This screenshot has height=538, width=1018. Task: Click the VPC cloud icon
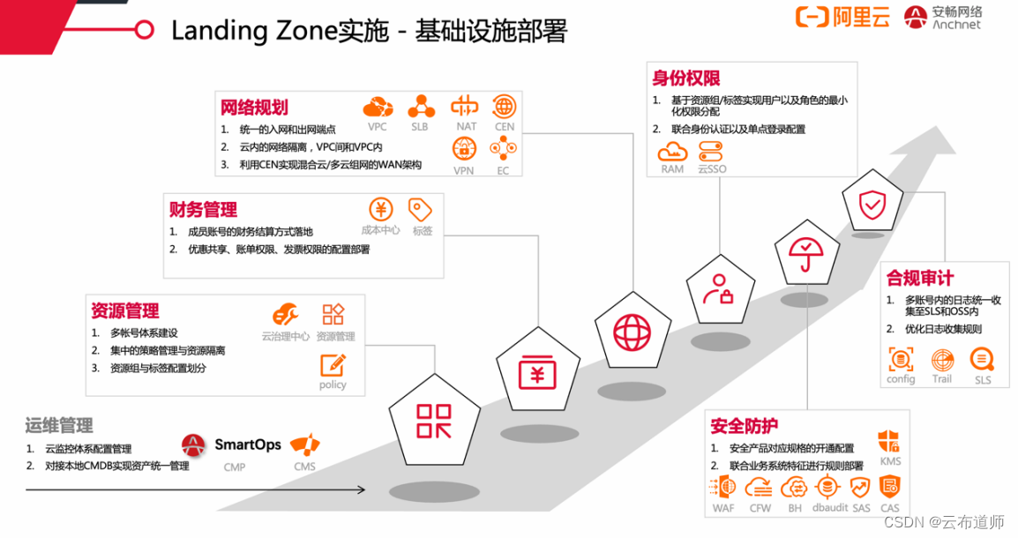378,108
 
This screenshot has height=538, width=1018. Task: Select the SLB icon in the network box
421,107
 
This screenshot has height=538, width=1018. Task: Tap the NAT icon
465,107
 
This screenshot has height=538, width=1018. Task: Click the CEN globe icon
505,107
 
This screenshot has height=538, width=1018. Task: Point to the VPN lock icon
464,149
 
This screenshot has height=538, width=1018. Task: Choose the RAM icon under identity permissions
672,151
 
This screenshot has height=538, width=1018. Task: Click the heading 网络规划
254,108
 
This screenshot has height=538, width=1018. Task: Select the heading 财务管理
203,210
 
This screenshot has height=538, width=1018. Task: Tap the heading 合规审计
920,279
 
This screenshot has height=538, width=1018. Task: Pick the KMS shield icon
889,442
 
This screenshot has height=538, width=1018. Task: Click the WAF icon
722,488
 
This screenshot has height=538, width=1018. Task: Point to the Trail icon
942,360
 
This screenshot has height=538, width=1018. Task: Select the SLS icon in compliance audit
982,360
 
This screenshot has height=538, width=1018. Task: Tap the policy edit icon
333,365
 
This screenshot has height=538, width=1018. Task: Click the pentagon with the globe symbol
632,333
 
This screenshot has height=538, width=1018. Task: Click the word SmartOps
248,445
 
